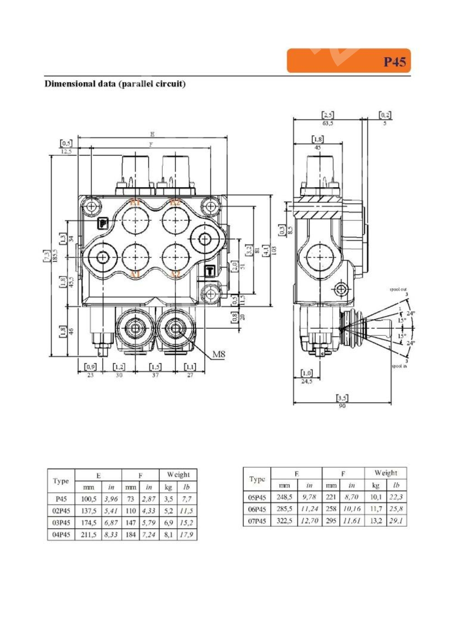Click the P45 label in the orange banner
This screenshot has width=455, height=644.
point(394,61)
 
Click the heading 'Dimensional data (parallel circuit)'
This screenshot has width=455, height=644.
point(115,84)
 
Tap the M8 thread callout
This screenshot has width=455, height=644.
point(219,354)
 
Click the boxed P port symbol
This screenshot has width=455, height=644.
point(104,223)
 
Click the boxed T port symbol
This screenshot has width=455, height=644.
point(210,271)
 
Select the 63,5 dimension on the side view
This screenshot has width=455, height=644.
point(328,123)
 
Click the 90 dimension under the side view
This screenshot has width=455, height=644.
point(342,406)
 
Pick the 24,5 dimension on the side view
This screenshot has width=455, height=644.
point(307,382)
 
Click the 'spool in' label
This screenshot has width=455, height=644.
point(399,366)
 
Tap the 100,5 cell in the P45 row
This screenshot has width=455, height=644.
point(88,499)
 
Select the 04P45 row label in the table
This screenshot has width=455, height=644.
point(61,535)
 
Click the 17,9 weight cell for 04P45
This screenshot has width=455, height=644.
point(187,535)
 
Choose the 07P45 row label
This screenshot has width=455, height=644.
point(257,521)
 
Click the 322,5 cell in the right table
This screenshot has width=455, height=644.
point(284,521)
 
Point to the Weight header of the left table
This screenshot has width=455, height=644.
point(178,475)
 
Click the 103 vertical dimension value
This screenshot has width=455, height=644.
point(274,250)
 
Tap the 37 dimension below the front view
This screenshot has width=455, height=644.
point(155,375)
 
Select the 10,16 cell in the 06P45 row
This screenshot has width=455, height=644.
point(351,509)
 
